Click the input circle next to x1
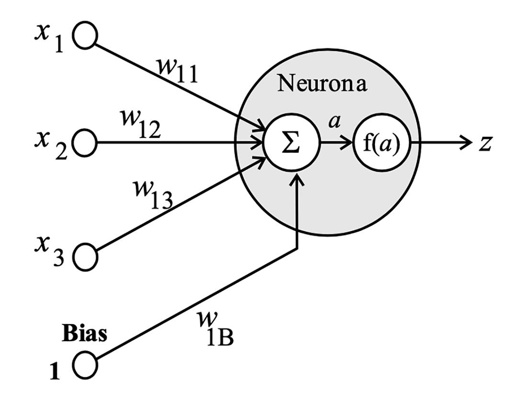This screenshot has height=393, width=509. tap(85, 36)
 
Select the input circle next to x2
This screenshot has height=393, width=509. tap(85, 142)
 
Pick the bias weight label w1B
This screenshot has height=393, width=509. tap(214, 325)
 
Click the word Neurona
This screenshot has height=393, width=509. tap(323, 84)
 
